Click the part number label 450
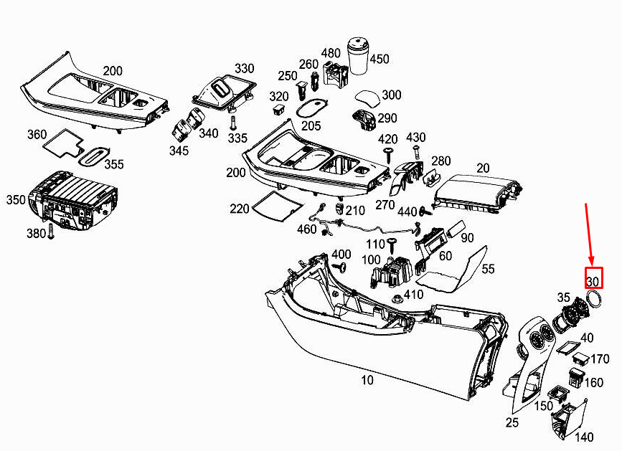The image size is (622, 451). [379, 59]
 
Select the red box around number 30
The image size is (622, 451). [594, 278]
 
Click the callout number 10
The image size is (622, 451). [367, 380]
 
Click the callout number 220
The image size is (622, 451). [240, 209]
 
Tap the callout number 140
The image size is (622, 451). [585, 437]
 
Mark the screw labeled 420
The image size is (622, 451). [388, 154]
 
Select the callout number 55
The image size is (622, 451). [488, 269]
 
